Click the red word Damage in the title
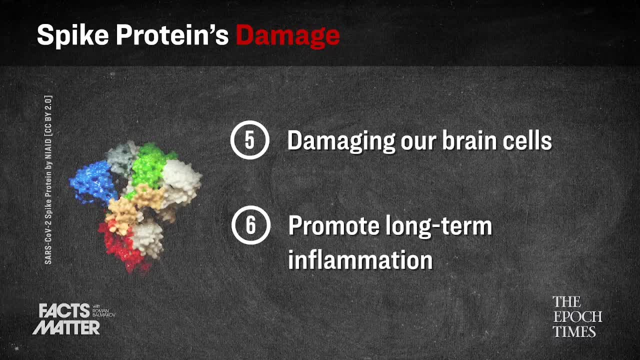pos(288,36)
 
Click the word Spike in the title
pos(73,35)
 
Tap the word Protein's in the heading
pos(172,35)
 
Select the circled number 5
pos(249,140)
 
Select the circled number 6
pos(250,225)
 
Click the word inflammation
pos(360,259)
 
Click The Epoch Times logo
pos(577,316)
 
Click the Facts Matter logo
pos(65,319)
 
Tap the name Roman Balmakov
pos(103,312)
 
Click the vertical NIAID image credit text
pos(48,179)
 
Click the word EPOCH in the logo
pos(577,316)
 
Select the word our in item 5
pos(418,141)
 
